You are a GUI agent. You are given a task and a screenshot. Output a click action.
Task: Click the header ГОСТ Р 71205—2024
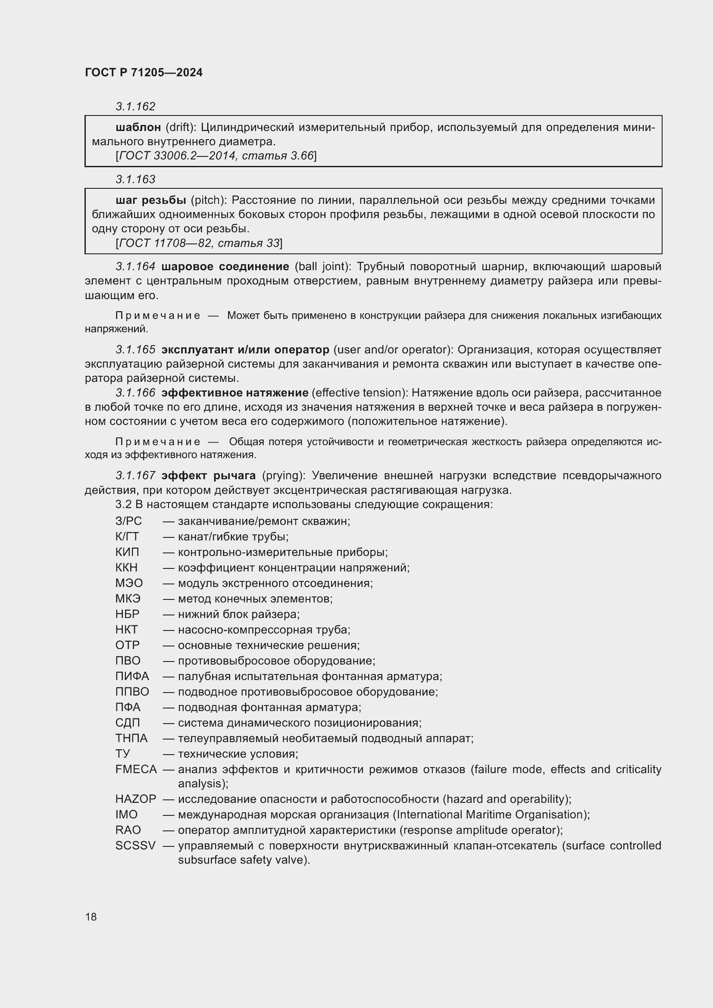tap(144, 72)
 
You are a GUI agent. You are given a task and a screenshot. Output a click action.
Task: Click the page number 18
tap(91, 917)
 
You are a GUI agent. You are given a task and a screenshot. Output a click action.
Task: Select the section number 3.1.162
tap(135, 106)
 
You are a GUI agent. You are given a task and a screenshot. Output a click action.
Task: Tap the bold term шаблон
tap(138, 127)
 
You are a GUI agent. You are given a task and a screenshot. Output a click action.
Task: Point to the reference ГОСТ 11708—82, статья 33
tap(199, 243)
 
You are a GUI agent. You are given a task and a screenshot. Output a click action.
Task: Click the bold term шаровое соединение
tap(225, 266)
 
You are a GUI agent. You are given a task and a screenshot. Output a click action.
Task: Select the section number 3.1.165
tap(135, 350)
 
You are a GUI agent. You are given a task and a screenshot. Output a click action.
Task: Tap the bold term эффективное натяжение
tap(235, 393)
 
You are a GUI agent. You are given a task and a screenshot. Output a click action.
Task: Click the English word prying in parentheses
tap(285, 475)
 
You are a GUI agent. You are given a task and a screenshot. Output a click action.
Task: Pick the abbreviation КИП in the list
tap(127, 552)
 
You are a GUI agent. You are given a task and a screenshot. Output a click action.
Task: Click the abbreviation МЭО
tap(129, 583)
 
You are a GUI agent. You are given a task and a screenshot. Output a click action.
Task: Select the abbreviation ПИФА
tap(132, 676)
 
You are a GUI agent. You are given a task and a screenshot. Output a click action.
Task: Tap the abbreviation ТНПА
tap(131, 738)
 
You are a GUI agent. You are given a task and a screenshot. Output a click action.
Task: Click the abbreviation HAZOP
tap(136, 799)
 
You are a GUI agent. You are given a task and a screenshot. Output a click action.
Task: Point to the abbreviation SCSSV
tap(135, 846)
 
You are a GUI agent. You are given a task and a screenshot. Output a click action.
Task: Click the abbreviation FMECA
tap(136, 769)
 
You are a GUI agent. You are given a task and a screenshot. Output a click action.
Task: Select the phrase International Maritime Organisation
tap(491, 815)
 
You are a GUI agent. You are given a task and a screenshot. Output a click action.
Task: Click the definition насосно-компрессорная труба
tap(263, 630)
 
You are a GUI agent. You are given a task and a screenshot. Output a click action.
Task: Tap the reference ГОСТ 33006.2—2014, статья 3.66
tap(216, 156)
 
